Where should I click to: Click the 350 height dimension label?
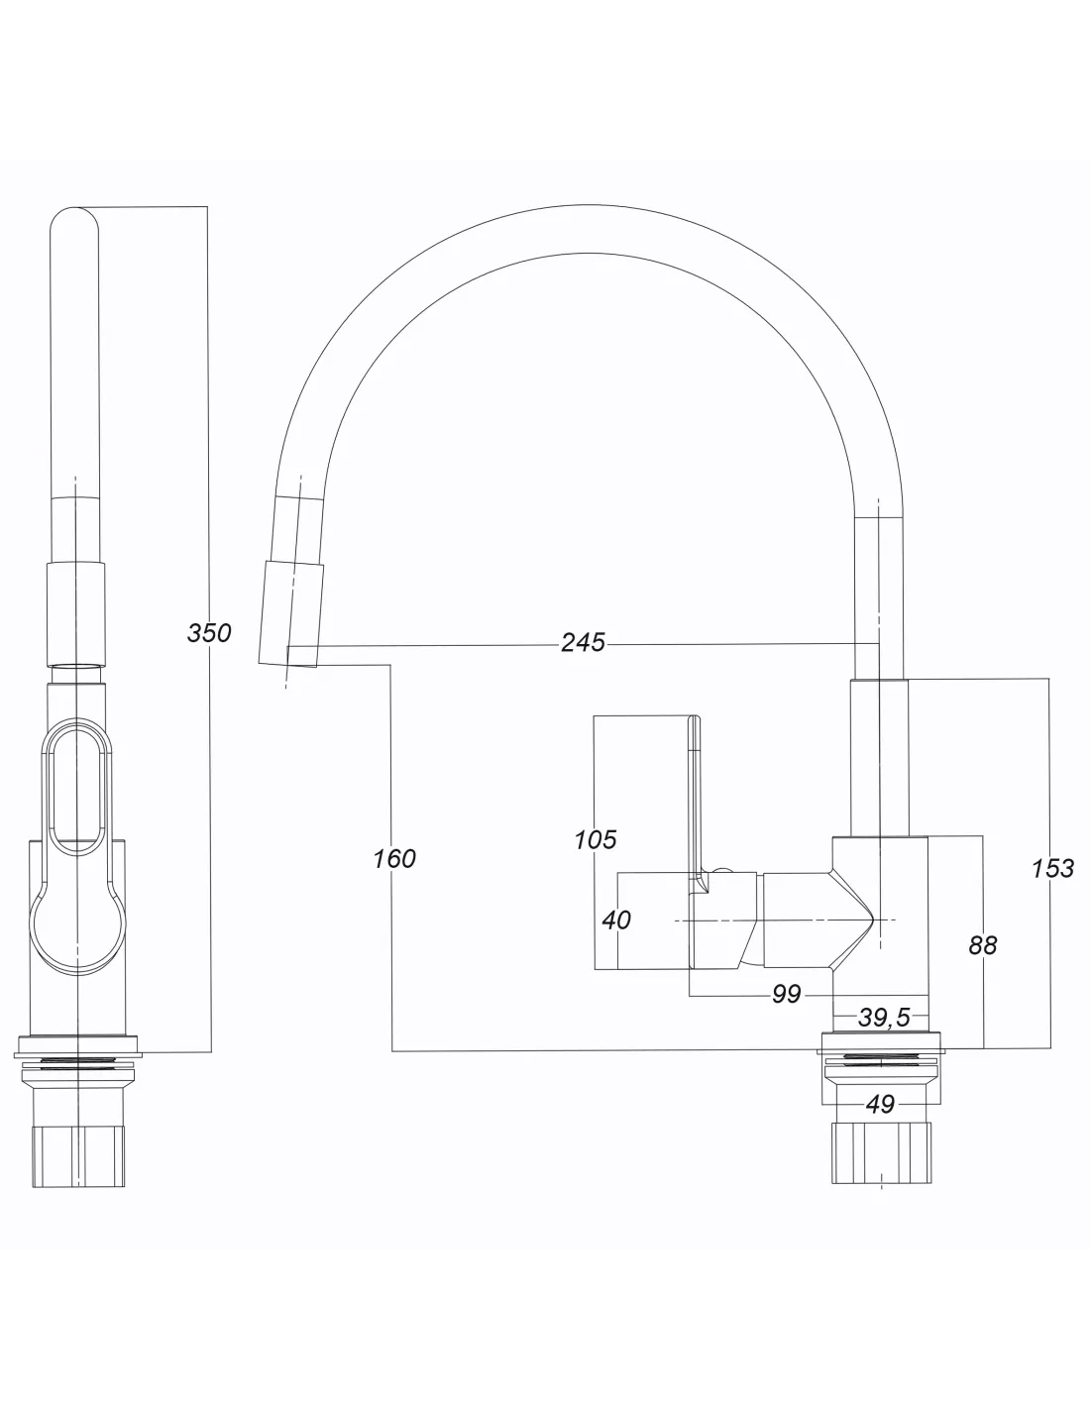(x=208, y=632)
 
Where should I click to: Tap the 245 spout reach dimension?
(x=583, y=642)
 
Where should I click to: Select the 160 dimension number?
(x=394, y=858)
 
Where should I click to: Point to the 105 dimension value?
(x=595, y=839)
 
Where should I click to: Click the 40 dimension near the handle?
(x=616, y=920)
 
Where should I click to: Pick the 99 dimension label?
(x=786, y=994)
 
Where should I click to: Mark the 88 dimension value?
(x=982, y=945)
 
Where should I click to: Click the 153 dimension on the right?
(x=1051, y=868)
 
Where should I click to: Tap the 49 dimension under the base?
(x=880, y=1103)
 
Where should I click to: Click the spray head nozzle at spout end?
(x=291, y=612)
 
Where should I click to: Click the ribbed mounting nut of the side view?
(x=880, y=1154)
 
